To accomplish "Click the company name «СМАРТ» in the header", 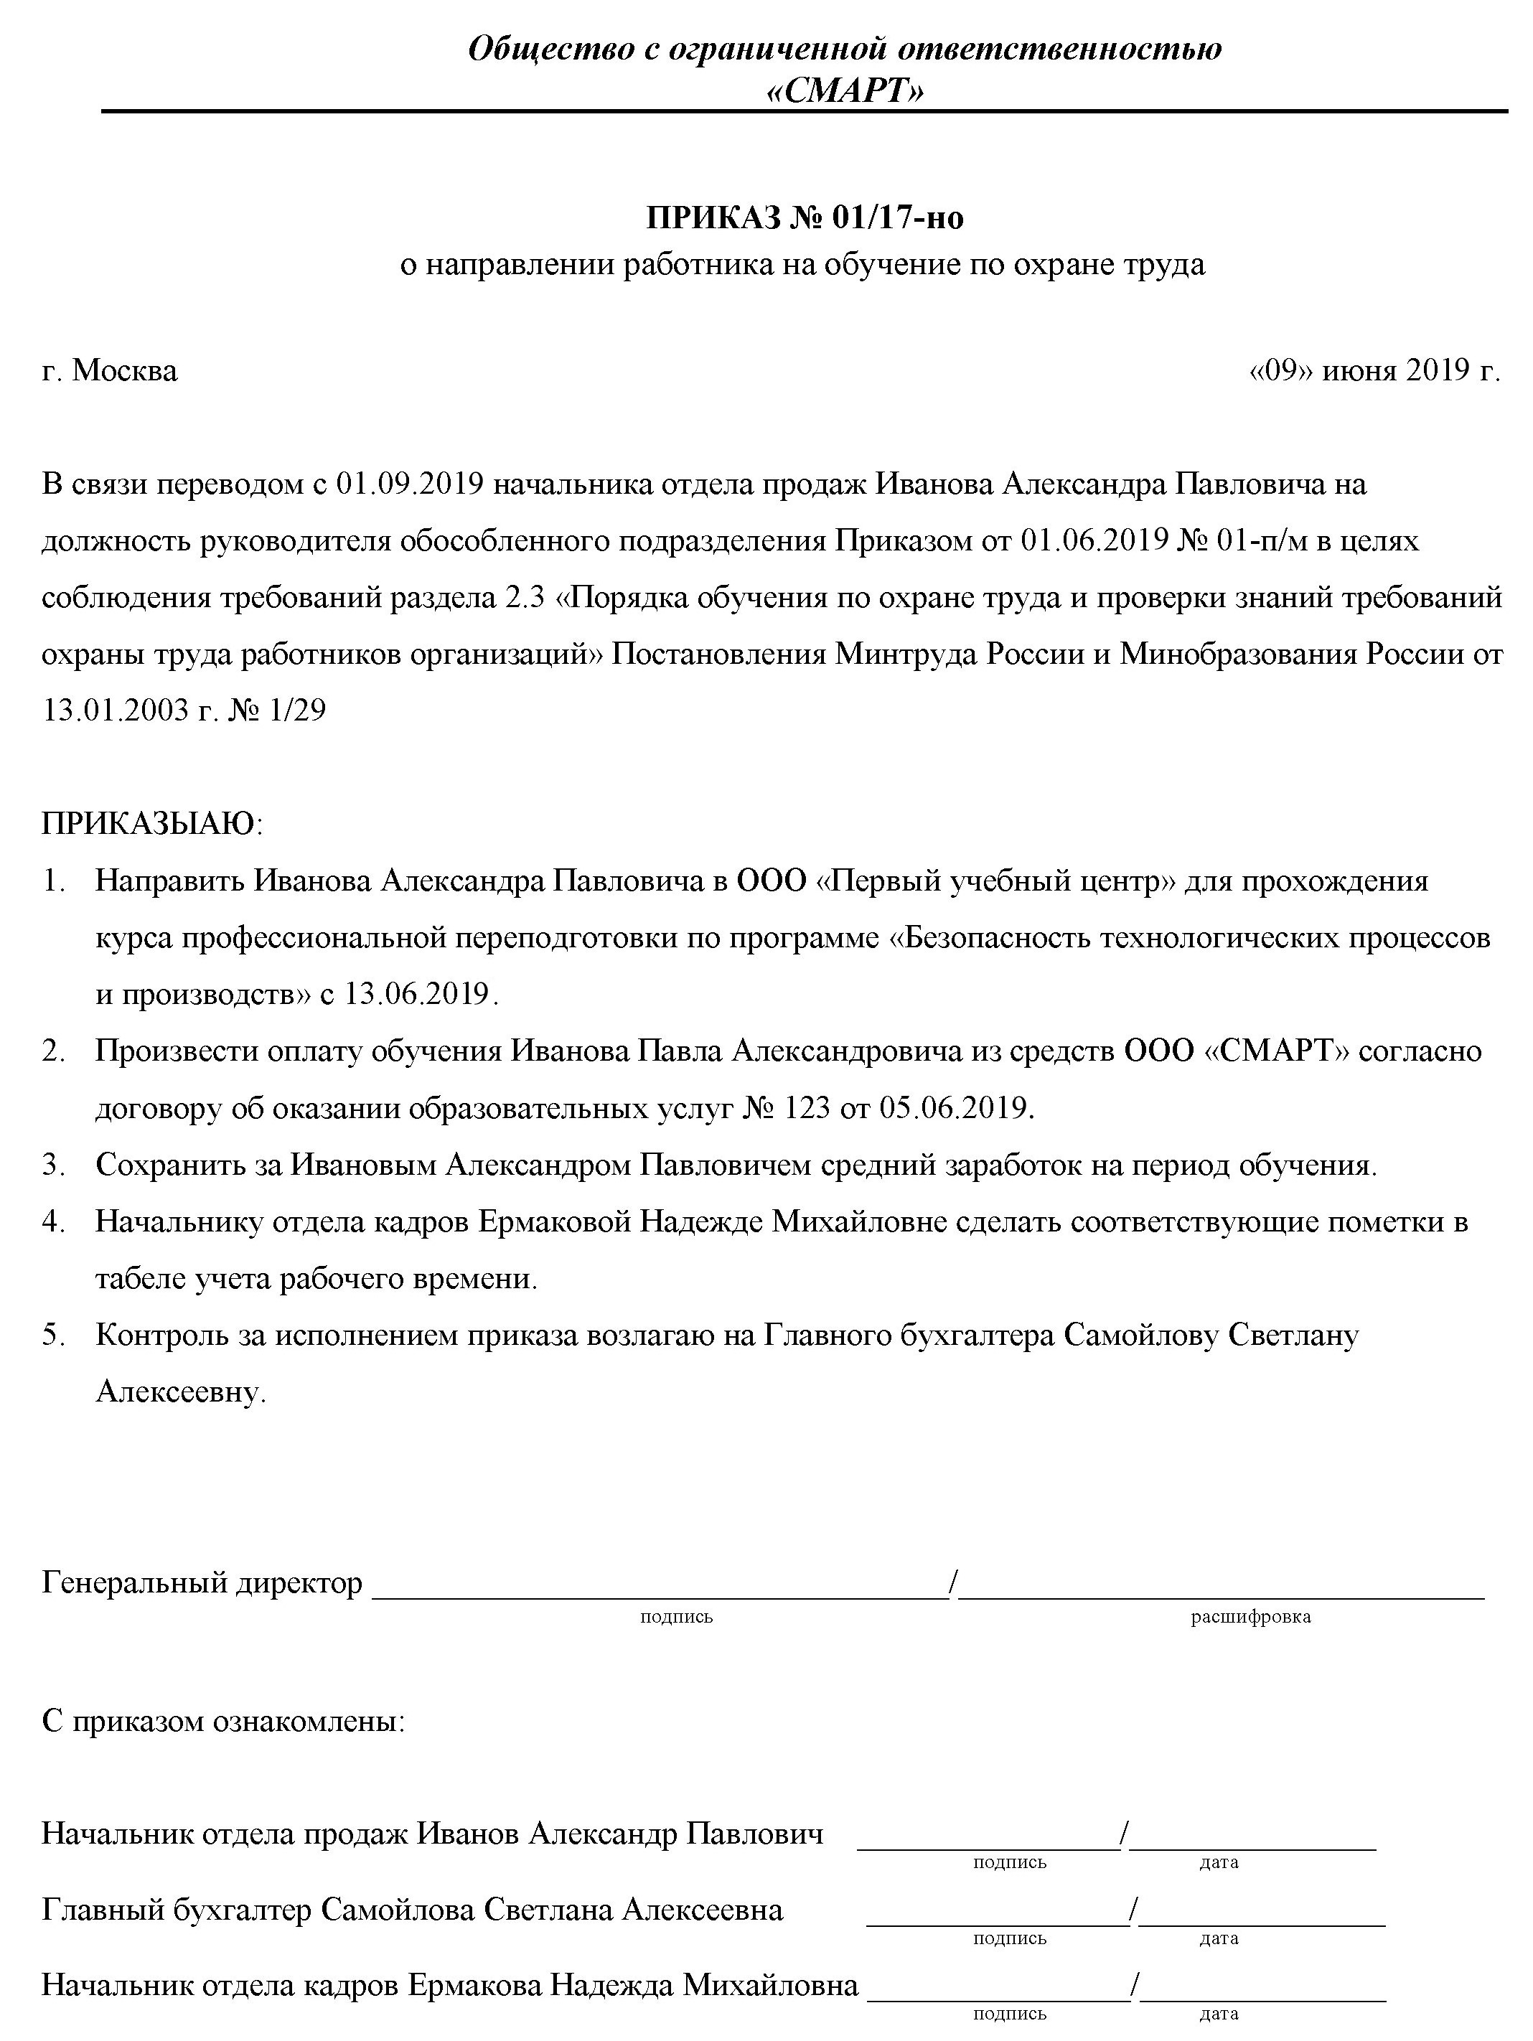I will [x=845, y=91].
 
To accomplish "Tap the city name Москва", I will [x=125, y=371].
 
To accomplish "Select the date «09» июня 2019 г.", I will [x=1374, y=371].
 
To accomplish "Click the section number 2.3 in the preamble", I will [x=527, y=598].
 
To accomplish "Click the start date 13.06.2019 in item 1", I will [x=416, y=994].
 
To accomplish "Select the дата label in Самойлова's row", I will [x=1218, y=1938].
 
